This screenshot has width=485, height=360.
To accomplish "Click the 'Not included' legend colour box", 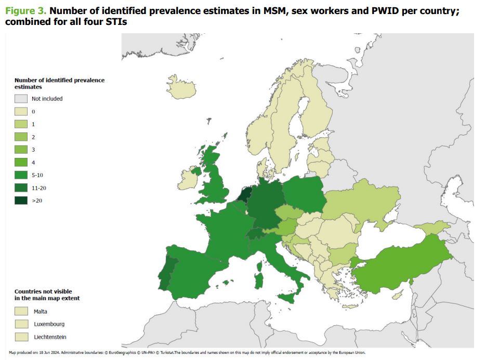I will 21,99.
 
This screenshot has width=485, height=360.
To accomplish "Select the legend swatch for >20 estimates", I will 21,200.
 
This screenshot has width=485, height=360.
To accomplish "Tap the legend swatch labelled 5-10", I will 21,175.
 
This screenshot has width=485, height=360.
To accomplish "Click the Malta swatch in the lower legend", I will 21,311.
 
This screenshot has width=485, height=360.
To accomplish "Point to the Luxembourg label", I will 49,324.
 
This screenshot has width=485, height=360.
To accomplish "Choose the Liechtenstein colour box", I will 21,337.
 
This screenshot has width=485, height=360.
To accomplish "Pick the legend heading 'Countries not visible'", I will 43,292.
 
